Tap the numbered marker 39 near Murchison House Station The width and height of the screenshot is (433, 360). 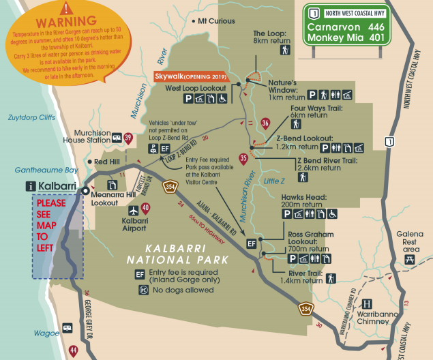pos(128,138)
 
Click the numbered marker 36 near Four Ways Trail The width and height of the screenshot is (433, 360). pos(265,123)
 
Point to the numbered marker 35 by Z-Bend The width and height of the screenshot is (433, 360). pos(243,159)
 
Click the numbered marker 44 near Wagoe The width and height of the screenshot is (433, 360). pos(74,350)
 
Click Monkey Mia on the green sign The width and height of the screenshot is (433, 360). pos(332,37)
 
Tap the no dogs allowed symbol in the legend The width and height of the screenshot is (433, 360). pos(143,289)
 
